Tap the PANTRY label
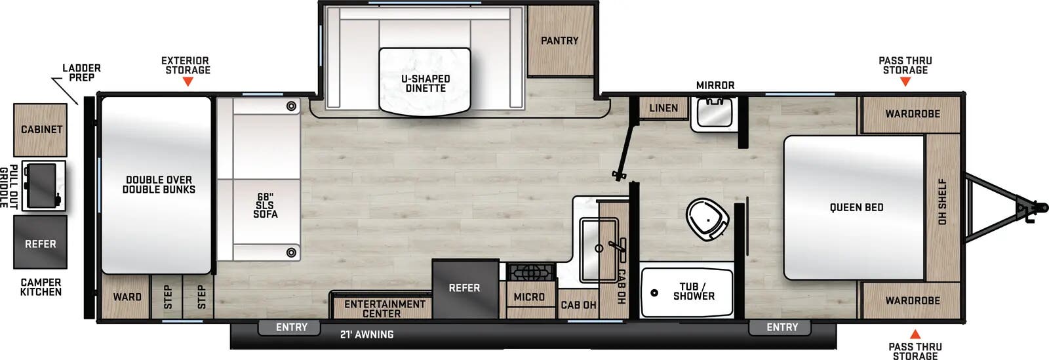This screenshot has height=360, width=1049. tap(559, 41)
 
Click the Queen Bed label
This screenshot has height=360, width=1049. tap(856, 207)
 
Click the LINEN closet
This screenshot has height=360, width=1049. tap(663, 108)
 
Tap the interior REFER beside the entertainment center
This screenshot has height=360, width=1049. tap(464, 288)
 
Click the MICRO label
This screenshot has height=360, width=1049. tap(529, 297)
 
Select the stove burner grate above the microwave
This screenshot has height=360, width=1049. tap(531, 271)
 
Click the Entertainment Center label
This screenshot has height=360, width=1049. tap(385, 308)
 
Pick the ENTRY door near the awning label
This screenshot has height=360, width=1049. tap(291, 327)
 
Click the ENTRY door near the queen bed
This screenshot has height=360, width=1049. tap(782, 327)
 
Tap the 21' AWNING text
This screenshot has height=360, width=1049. tap(366, 334)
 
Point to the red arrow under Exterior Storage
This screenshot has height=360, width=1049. tap(188, 82)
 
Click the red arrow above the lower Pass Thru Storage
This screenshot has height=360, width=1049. tap(915, 334)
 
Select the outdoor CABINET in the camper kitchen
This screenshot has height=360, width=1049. tap(41, 129)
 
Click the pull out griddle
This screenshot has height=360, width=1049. tap(42, 186)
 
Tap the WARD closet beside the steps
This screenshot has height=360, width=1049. tap(127, 297)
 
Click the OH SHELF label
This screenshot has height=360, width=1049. tap(942, 202)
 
